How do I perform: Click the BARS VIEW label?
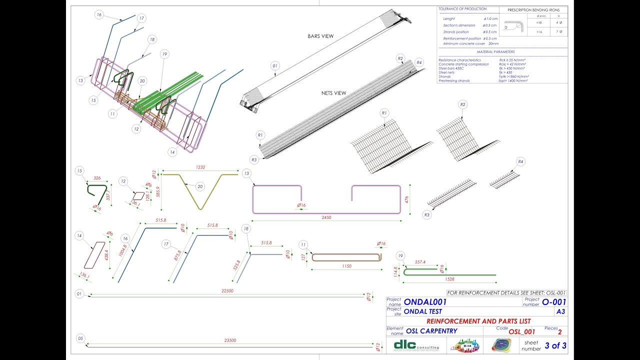[x=320, y=36]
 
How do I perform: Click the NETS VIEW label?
[x=334, y=93]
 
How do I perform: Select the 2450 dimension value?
[x=326, y=217]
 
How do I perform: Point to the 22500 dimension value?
[x=227, y=290]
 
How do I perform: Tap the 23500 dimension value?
[x=230, y=340]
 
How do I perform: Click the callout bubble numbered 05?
[x=79, y=338]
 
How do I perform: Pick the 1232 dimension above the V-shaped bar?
[x=201, y=167]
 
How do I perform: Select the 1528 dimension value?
[x=449, y=279]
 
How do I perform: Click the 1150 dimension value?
[x=346, y=266]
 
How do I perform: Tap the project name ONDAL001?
[x=425, y=302]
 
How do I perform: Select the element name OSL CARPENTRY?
[x=431, y=331]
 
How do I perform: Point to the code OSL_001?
[x=521, y=331]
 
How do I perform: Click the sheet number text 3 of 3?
[x=555, y=345]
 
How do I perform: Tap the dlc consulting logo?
[x=416, y=345]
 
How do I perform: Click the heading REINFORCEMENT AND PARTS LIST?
[x=478, y=321]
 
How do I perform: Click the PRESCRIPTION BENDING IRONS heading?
[x=533, y=10]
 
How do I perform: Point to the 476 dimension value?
[x=407, y=199]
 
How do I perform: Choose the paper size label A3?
[x=560, y=311]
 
